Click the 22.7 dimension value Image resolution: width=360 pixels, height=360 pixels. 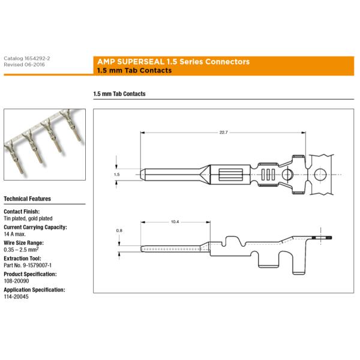click(x=224, y=132)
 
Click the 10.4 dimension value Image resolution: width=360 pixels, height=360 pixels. click(x=175, y=222)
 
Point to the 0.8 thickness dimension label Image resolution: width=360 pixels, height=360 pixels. click(x=119, y=230)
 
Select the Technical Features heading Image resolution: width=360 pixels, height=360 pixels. click(x=27, y=199)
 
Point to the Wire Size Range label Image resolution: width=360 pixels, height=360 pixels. click(x=25, y=242)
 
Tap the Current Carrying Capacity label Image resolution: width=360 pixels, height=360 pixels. click(x=35, y=227)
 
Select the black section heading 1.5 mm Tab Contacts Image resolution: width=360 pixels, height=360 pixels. click(x=119, y=94)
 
